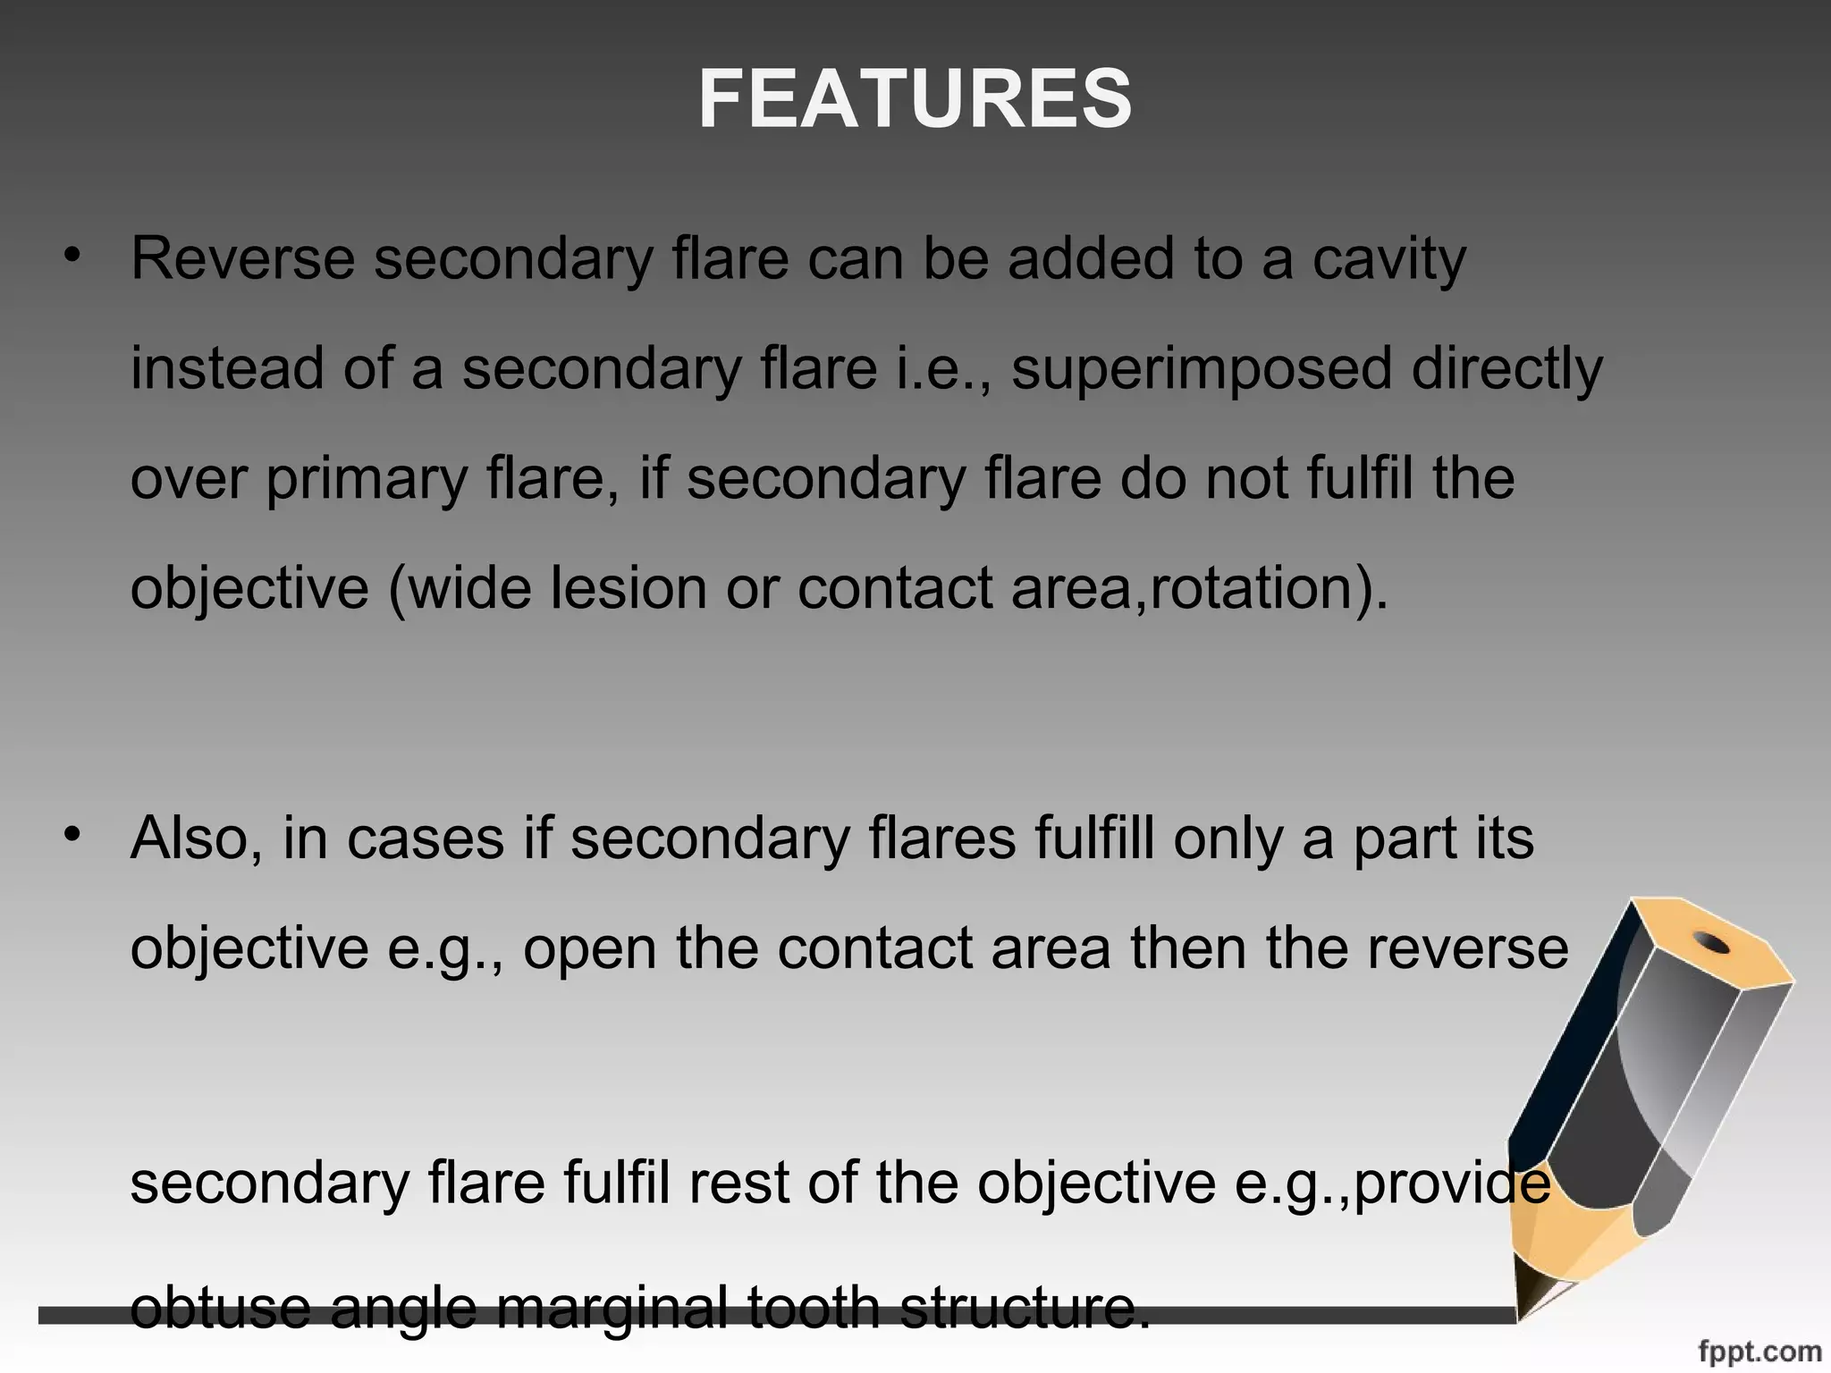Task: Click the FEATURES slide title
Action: (915, 100)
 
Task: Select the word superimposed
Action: (1202, 370)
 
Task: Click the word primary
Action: (367, 480)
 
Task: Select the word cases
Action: (426, 839)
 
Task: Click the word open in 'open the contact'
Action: (589, 949)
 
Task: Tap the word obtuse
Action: (220, 1307)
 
